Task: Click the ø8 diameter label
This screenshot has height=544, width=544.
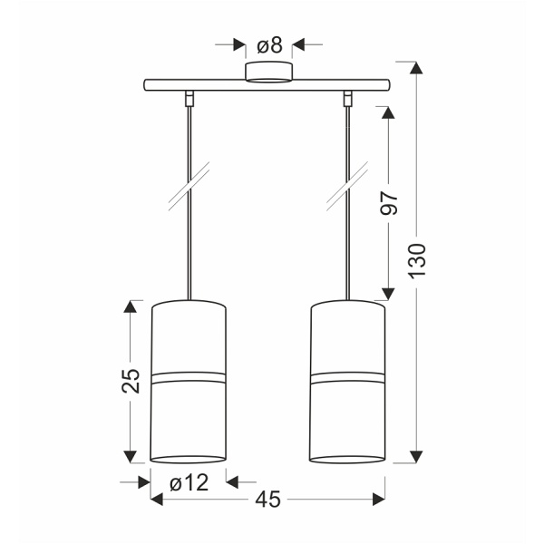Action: click(269, 45)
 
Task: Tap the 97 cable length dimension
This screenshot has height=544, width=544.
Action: click(389, 202)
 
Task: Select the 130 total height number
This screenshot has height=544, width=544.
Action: click(417, 260)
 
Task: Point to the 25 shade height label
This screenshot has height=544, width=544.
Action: click(131, 381)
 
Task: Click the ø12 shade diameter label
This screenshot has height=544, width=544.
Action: click(189, 482)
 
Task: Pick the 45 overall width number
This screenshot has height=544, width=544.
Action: click(267, 500)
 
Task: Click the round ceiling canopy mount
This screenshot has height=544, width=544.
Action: click(269, 73)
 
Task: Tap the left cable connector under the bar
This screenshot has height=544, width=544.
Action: click(189, 98)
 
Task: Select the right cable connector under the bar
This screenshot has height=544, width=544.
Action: click(347, 98)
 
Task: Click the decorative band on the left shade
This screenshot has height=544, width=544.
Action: click(189, 378)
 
